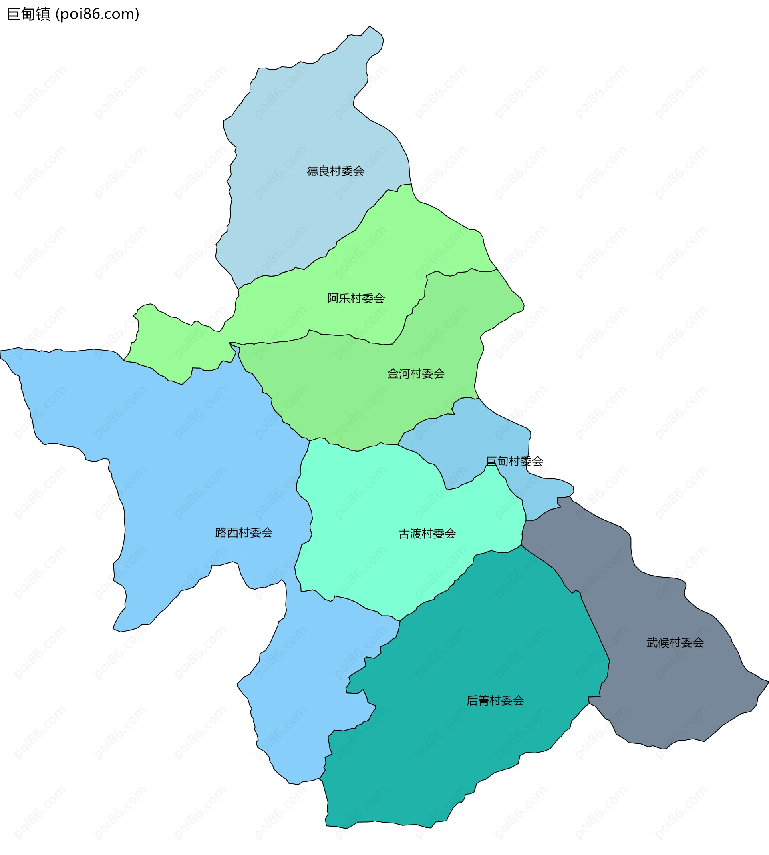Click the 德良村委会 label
click(335, 171)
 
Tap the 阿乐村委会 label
click(356, 299)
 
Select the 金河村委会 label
click(416, 374)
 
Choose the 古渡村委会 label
click(427, 534)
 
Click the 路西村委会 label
click(244, 532)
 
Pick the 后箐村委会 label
click(495, 701)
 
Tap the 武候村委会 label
click(675, 642)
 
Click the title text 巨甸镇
click(28, 14)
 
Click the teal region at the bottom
click(465, 752)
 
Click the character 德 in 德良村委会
click(312, 171)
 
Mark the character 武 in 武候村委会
click(652, 642)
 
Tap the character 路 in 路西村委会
click(221, 532)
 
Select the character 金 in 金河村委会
click(393, 374)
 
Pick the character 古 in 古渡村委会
click(405, 534)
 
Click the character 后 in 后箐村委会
click(472, 701)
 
